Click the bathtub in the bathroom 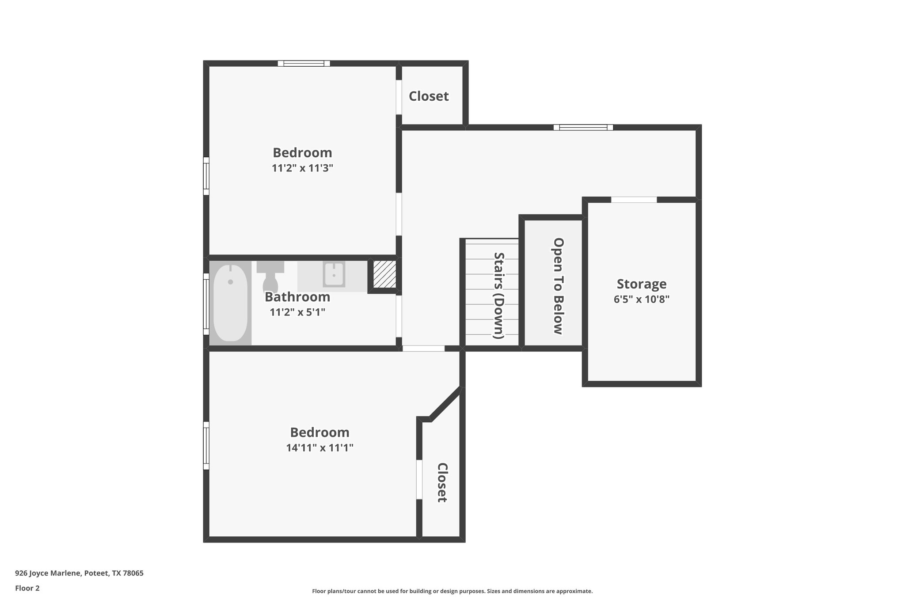pos(230,303)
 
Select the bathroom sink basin pos(334,274)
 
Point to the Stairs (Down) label pos(499,295)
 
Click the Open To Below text pos(558,286)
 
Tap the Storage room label pos(641,284)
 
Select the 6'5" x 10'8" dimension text pos(641,300)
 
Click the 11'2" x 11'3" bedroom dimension pos(302,168)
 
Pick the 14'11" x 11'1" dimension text pos(319,448)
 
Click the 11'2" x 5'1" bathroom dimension pos(297,312)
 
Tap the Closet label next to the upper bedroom pos(429,96)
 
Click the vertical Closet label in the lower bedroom pos(442,482)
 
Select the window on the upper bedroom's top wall pos(304,64)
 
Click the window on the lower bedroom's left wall pos(206,445)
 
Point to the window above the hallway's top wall pos(583,128)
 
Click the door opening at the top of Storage pos(634,200)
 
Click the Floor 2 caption pos(27,588)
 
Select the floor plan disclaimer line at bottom pos(452,591)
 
